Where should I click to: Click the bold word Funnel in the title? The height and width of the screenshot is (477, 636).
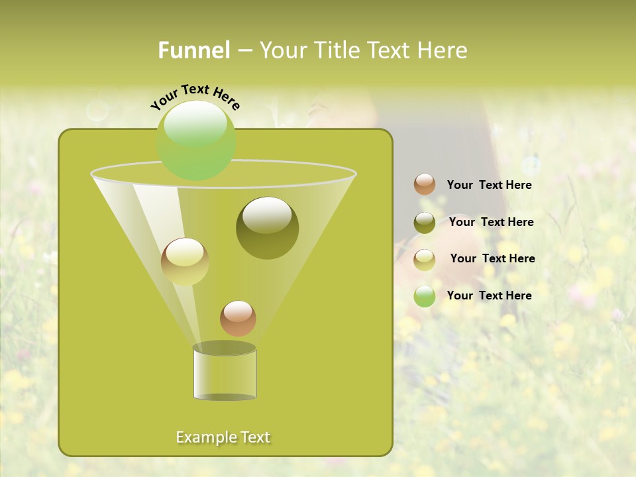point(193,50)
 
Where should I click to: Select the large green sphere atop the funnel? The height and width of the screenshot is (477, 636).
point(195,140)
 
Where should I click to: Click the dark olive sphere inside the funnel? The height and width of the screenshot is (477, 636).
point(267,227)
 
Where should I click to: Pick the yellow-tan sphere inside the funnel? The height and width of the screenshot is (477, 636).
point(185,262)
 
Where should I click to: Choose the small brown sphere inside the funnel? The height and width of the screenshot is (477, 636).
point(238,318)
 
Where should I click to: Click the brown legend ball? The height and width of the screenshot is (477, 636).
point(425,185)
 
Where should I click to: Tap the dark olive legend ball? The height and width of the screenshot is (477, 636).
point(425,223)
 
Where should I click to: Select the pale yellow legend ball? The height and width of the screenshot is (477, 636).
point(425,260)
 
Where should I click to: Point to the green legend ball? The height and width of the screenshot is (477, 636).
point(425,296)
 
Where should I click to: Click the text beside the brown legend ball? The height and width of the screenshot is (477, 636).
point(489,185)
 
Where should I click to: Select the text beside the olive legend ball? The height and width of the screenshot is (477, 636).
point(491,223)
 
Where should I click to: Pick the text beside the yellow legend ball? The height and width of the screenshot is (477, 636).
point(492,259)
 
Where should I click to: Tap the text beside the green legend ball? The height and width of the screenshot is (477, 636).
point(489,295)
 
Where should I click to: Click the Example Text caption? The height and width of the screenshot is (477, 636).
point(223,437)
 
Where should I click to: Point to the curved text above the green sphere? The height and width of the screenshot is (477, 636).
point(195,96)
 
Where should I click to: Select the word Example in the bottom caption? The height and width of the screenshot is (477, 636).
point(205,437)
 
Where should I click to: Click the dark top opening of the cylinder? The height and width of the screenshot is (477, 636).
point(225,348)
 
